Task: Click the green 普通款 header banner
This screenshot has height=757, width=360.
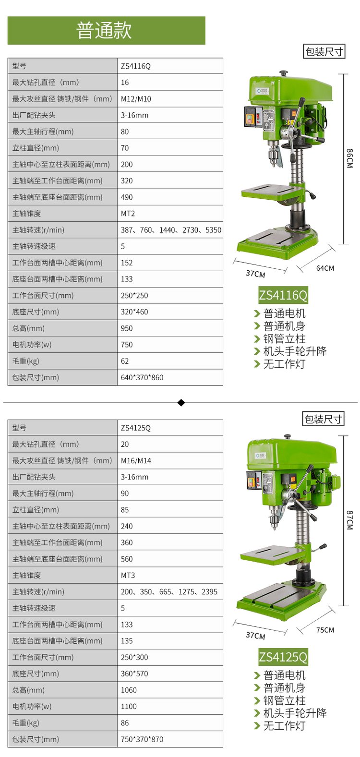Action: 106,30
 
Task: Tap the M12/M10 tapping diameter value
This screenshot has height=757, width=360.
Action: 136,99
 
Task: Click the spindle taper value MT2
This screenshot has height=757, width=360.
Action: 128,214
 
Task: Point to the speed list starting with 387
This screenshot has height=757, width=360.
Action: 171,230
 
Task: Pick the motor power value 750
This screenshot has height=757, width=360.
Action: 127,345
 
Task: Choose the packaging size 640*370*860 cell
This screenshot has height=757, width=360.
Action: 142,377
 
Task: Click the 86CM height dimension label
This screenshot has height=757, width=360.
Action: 350,158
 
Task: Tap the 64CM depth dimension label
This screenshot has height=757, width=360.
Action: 325,268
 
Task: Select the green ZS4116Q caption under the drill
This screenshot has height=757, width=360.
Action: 283,295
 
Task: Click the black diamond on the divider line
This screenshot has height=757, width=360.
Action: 181,402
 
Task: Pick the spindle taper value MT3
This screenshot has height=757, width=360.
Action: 128,575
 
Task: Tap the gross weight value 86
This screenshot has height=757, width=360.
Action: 125,723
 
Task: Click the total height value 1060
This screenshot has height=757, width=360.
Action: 129,690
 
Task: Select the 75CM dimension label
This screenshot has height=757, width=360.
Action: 325,630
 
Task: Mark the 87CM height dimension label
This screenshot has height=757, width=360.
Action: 350,520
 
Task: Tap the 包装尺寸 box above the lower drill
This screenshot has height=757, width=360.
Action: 323,419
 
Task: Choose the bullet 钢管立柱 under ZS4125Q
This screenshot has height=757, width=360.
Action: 284,700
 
